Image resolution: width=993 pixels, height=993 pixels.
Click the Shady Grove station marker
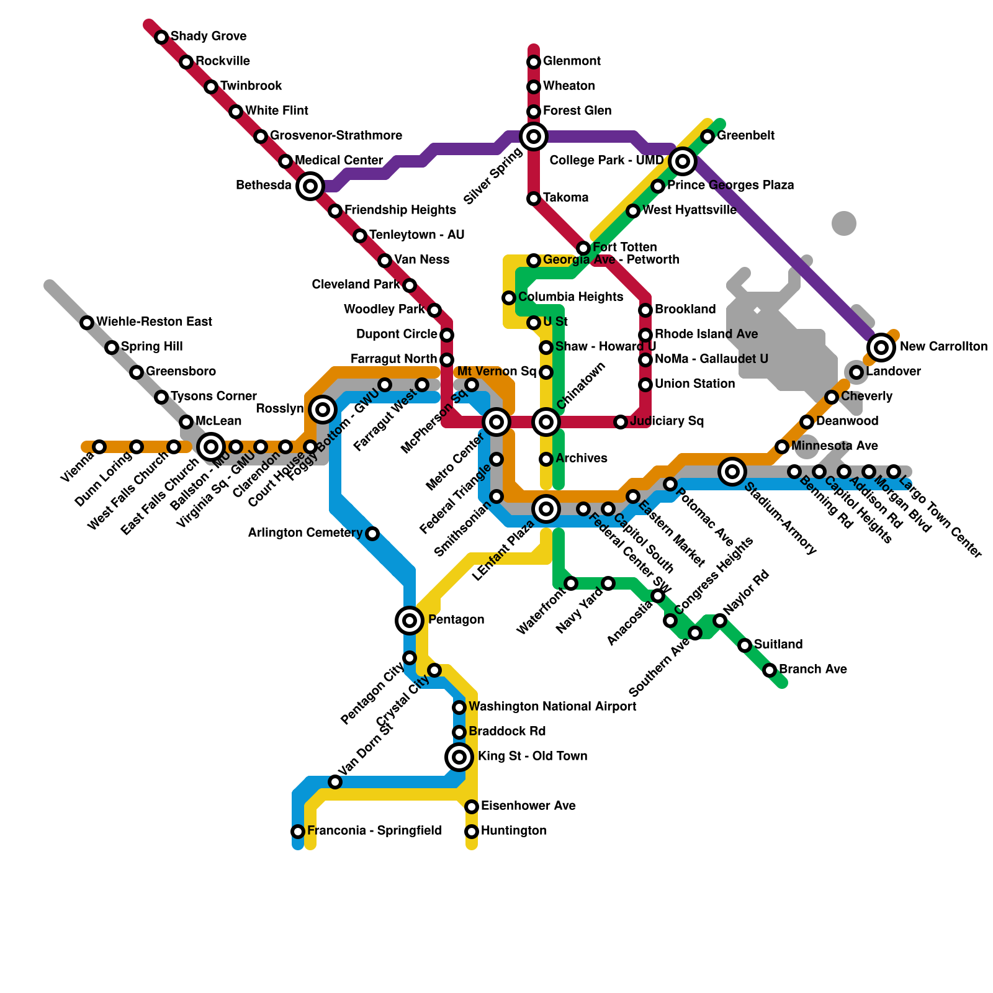pyautogui.click(x=161, y=37)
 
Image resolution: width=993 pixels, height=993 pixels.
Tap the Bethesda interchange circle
pyautogui.click(x=310, y=186)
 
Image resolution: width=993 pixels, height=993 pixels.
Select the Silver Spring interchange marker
pyautogui.click(x=534, y=136)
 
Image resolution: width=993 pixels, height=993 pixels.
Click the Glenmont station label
pyautogui.click(x=572, y=61)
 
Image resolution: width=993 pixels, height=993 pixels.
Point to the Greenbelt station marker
pyautogui.click(x=708, y=136)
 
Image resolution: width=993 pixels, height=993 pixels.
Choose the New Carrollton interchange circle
pyautogui.click(x=881, y=347)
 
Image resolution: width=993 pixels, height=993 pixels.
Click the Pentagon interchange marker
pyautogui.click(x=410, y=620)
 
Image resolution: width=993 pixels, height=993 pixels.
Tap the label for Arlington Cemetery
pyautogui.click(x=305, y=532)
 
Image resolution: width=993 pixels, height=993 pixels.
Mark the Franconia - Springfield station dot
pyautogui.click(x=298, y=831)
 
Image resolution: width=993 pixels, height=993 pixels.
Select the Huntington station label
pyautogui.click(x=513, y=830)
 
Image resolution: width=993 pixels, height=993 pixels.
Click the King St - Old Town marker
pyautogui.click(x=459, y=757)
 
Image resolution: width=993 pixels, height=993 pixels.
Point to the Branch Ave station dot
pyautogui.click(x=770, y=670)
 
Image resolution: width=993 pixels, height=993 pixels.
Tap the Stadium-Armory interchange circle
pyautogui.click(x=732, y=471)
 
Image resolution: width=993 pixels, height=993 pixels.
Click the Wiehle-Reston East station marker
pyautogui.click(x=87, y=322)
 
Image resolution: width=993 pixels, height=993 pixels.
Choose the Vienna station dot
pyautogui.click(x=99, y=446)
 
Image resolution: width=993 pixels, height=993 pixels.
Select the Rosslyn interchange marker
pyautogui.click(x=323, y=409)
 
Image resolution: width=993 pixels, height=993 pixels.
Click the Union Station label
pyautogui.click(x=694, y=384)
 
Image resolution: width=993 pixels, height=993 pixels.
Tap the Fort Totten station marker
pyautogui.click(x=583, y=248)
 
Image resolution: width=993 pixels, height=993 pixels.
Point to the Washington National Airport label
pyautogui.click(x=552, y=706)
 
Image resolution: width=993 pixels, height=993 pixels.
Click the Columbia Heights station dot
pyautogui.click(x=509, y=297)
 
